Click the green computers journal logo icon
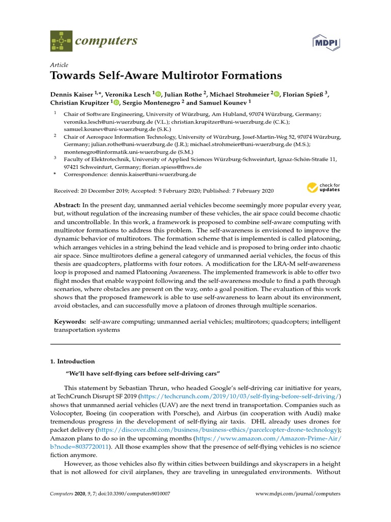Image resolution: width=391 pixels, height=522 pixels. point(61,41)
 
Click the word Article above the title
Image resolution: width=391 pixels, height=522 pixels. point(59,65)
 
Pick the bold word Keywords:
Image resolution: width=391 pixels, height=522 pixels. point(70,322)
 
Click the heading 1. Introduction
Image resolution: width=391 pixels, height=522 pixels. point(72,361)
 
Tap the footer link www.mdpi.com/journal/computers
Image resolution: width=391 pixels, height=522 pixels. point(297,494)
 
